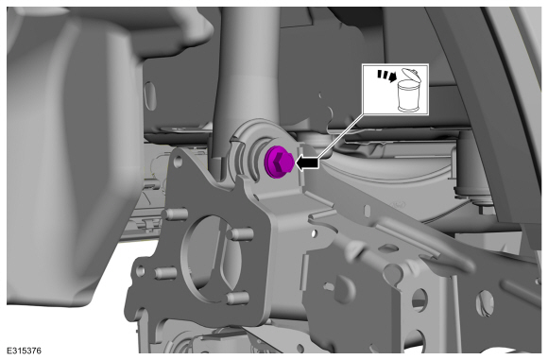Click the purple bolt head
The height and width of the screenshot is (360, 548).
click(278, 163)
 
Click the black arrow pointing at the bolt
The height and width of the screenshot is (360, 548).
click(308, 163)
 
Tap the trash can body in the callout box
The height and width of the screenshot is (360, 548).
click(408, 95)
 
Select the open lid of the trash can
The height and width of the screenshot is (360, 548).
click(410, 74)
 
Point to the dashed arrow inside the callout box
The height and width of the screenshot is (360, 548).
click(386, 76)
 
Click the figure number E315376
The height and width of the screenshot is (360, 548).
click(25, 351)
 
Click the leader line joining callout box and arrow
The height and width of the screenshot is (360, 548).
click(341, 136)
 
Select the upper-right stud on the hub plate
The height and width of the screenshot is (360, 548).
click(239, 233)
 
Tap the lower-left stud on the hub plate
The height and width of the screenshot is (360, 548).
click(164, 273)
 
